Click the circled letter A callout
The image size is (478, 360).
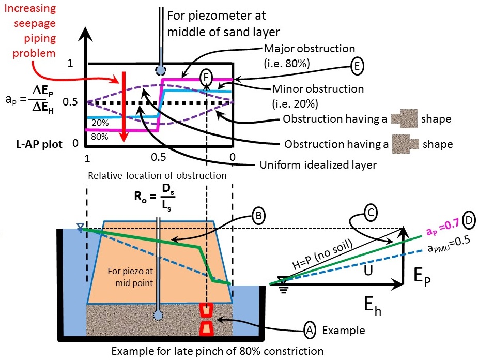pos(310,330)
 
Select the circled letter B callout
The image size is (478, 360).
pos(258,216)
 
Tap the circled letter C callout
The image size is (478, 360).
pos(371,212)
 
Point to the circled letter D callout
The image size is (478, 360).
pos(469,220)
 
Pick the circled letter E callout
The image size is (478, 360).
pos(357,66)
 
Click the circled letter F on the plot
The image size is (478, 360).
pos(206,78)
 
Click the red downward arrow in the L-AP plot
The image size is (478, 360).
pos(124,107)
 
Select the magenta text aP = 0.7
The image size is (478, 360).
pos(443,228)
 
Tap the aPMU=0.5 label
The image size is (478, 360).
pos(449,245)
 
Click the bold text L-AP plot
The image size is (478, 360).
pos(39,144)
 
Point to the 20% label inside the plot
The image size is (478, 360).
pos(100,123)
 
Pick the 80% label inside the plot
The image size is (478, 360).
pos(100,137)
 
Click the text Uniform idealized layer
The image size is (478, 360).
pos(318,165)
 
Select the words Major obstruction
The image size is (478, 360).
pos(310,49)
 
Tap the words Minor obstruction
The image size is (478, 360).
pos(318,89)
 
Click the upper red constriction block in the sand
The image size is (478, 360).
pos(206,310)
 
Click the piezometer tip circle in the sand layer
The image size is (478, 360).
pos(158,315)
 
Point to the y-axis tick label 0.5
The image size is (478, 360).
pos(70,102)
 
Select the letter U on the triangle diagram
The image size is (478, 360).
pos(368,269)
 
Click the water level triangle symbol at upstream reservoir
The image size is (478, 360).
pos(81,227)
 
